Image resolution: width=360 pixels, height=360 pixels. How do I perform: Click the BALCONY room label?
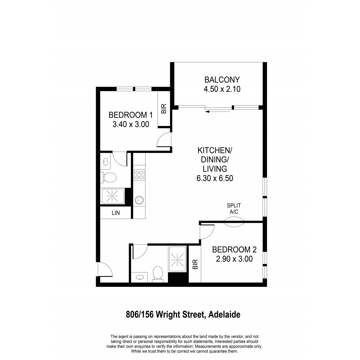222,80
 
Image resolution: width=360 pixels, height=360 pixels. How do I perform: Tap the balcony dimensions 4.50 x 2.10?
222,89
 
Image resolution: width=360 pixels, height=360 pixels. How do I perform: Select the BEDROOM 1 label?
130,115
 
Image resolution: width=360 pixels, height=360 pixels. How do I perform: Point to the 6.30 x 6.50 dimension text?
215,178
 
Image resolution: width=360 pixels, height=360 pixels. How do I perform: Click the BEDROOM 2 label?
234,250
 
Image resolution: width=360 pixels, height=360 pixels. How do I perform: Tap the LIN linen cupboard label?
115,213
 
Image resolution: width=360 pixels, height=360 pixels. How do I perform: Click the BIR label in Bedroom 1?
164,109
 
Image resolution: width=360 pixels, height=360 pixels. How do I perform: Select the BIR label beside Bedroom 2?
195,264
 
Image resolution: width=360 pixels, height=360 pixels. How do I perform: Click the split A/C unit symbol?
234,222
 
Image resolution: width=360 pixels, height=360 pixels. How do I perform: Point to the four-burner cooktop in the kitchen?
139,175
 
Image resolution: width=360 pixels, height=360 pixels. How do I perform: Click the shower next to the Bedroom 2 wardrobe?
177,259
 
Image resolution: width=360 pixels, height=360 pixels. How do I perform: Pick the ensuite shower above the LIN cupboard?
112,196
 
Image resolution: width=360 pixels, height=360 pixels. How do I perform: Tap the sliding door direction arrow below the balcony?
217,112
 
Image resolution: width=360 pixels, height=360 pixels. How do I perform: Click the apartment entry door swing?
105,269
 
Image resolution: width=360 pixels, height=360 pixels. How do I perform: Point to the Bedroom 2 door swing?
207,232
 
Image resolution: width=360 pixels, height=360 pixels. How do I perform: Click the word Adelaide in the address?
224,315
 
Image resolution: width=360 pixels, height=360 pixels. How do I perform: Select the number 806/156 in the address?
140,315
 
